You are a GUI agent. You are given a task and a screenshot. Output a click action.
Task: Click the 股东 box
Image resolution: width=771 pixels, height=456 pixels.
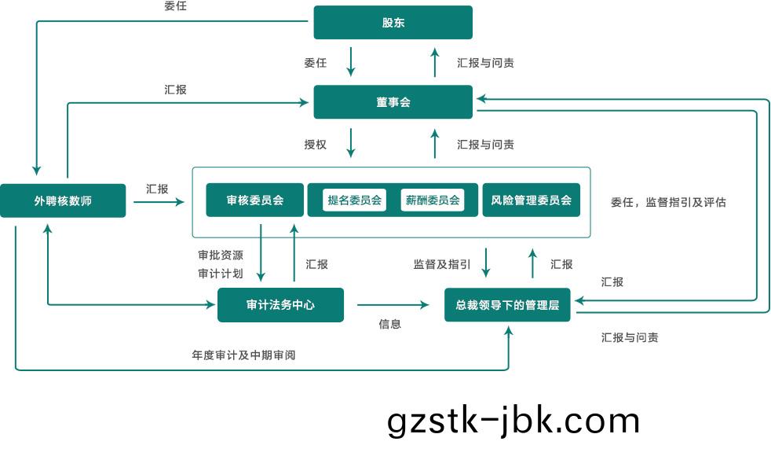[x=393, y=22]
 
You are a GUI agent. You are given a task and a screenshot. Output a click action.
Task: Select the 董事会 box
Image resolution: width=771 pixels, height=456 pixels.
[x=393, y=102]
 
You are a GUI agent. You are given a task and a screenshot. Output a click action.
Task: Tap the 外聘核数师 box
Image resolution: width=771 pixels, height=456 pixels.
[x=63, y=200]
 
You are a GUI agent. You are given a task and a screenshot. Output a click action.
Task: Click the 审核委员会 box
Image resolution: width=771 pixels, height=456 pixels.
[x=254, y=200]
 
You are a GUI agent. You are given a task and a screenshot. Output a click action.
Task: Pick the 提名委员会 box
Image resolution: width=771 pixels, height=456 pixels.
[x=355, y=200]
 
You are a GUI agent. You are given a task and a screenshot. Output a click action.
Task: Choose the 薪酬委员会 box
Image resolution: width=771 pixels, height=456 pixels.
[x=431, y=200]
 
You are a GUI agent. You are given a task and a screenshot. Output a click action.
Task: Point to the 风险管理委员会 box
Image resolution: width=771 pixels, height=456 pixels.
[x=531, y=200]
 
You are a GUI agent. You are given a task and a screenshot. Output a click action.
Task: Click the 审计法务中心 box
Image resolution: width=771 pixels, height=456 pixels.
[x=280, y=305]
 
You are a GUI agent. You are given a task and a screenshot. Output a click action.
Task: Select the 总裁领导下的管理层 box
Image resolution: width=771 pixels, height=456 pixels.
[x=507, y=305]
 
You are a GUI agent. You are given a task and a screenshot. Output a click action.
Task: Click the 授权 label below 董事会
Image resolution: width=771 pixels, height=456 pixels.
[x=315, y=145]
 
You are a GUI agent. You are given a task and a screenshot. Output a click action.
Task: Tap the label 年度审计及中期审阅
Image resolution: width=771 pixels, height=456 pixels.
[x=243, y=355]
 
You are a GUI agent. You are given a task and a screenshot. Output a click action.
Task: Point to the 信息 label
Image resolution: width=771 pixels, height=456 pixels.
[x=389, y=324]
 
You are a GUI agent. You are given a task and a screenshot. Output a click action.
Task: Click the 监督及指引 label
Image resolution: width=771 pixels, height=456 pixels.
[x=442, y=264]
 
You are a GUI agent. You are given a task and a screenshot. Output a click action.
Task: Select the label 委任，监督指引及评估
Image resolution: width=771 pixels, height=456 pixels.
[x=668, y=202]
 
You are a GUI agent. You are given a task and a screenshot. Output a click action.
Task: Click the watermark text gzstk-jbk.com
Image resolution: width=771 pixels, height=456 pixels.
[x=513, y=421]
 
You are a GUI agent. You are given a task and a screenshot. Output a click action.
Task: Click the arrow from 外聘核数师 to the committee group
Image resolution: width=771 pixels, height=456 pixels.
[x=159, y=202]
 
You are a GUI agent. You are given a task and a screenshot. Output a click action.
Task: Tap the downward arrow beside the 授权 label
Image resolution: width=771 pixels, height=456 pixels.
[x=351, y=143]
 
